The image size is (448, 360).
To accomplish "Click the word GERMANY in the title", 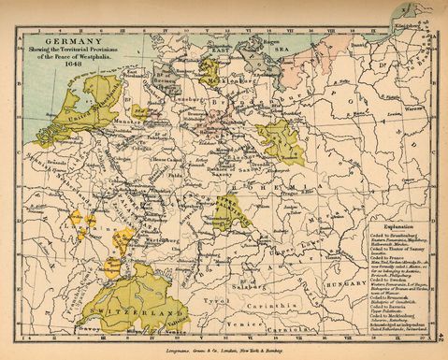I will click(71, 41).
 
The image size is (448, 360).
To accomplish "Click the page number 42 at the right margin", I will click(440, 342).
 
